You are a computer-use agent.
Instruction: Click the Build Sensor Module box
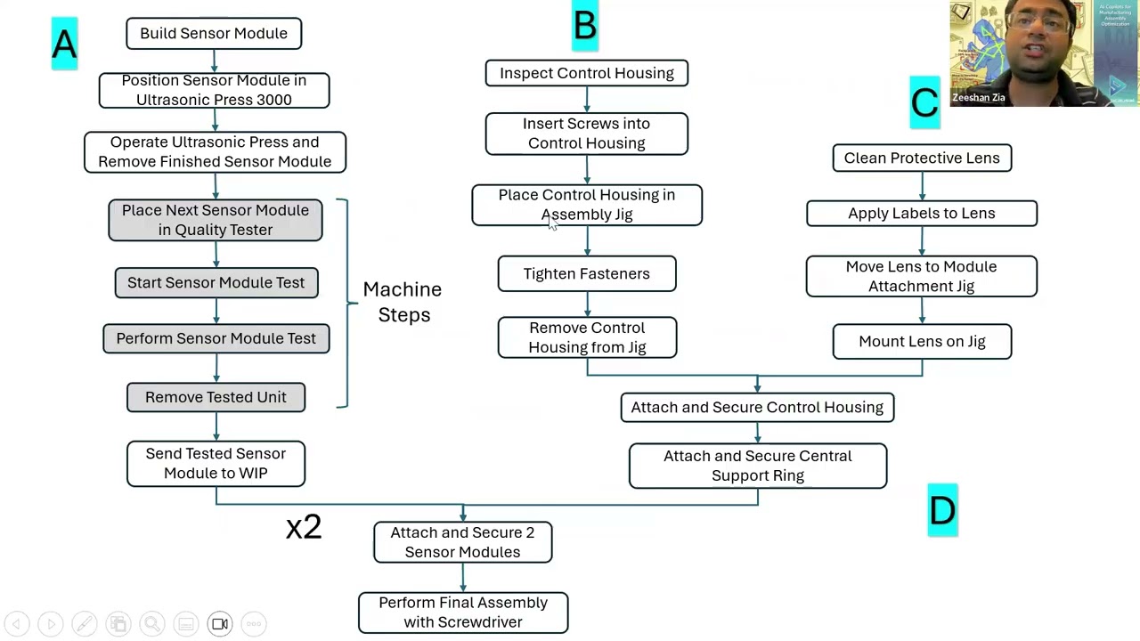pos(214,34)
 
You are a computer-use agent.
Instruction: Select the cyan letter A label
pos(64,43)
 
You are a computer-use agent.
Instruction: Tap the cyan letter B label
pos(585,26)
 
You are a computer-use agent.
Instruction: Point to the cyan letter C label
pos(924,102)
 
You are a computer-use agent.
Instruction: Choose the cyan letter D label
pos(942,510)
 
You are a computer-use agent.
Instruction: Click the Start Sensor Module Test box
pos(216,283)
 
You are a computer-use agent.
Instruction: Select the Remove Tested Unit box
pos(216,397)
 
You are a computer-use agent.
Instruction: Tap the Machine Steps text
pos(403,302)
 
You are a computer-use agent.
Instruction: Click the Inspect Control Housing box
pos(586,73)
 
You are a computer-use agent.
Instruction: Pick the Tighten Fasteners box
pos(586,274)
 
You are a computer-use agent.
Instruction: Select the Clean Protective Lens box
pos(922,158)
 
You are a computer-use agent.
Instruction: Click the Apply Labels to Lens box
pos(921,214)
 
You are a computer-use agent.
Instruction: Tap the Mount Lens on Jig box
pos(922,342)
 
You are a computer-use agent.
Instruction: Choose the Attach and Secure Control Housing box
pos(757,408)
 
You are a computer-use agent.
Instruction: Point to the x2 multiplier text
pos(304,527)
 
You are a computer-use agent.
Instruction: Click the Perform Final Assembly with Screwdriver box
pos(463,613)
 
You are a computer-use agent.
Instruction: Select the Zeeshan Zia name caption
pos(978,98)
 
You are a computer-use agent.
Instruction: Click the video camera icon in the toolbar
pos(220,624)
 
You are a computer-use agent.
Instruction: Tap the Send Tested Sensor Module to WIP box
pos(216,464)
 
